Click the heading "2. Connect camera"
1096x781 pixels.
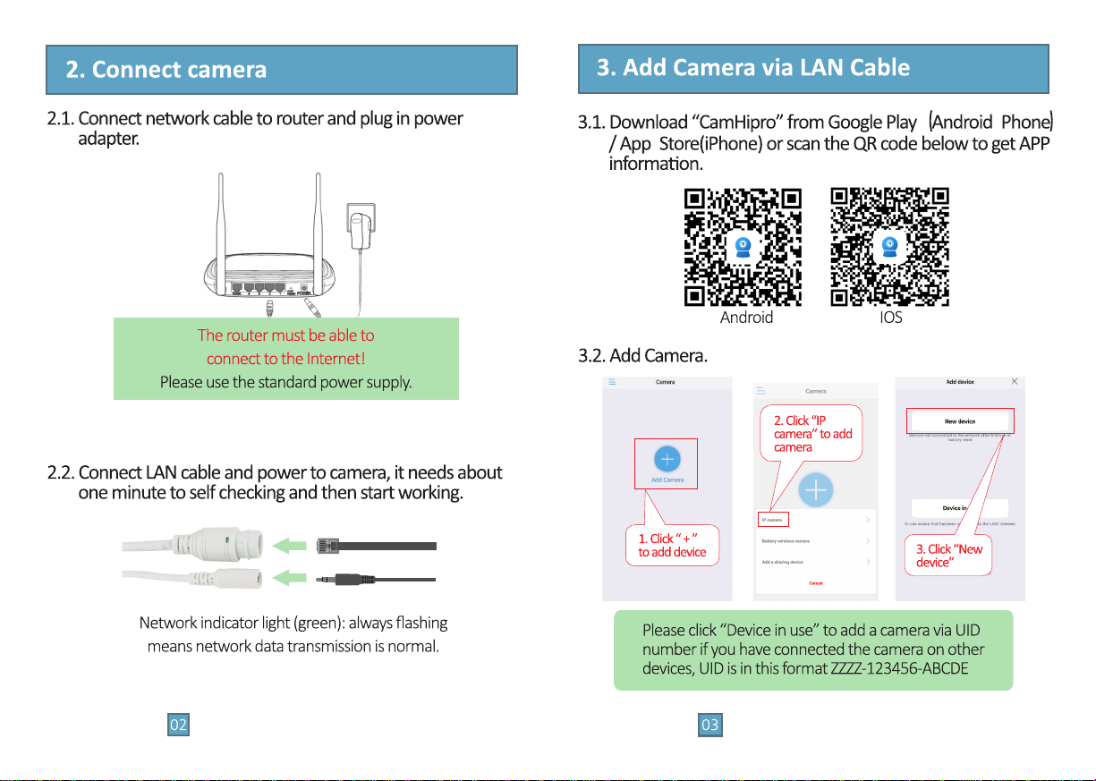[x=166, y=70]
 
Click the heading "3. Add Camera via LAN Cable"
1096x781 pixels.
[x=752, y=67]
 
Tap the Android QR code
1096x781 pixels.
[x=743, y=247]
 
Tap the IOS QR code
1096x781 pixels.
[x=889, y=247]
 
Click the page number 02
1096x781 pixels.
[x=179, y=726]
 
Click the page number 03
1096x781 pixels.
[x=709, y=726]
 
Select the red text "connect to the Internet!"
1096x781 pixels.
[x=285, y=360]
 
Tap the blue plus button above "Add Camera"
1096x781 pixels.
[x=667, y=459]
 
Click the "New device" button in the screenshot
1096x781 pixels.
[x=959, y=421]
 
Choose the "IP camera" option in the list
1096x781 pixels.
[x=771, y=520]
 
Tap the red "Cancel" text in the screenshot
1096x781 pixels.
[x=815, y=583]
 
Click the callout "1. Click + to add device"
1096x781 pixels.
[x=672, y=545]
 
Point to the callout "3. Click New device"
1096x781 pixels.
[x=948, y=556]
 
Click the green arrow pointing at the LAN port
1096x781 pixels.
[x=287, y=545]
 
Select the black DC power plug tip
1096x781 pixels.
[x=334, y=580]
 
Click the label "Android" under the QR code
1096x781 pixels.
[x=746, y=318]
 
